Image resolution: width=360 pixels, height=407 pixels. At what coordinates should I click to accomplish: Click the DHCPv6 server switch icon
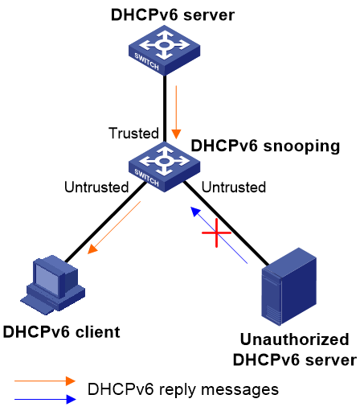164,50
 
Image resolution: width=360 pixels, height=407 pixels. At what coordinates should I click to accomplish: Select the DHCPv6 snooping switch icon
164,166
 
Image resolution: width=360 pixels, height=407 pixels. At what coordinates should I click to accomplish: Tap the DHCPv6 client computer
53,285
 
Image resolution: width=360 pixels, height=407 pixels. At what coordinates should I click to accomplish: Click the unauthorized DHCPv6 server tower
288,286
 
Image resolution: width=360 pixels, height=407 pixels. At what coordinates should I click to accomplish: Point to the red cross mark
216,232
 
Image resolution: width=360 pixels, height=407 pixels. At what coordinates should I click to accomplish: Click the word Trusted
133,133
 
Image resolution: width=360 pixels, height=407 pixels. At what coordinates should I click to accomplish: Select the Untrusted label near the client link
96,187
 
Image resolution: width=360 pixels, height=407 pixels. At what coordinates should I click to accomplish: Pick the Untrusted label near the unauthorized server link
234,187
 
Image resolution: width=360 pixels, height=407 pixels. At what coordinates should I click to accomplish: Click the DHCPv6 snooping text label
265,146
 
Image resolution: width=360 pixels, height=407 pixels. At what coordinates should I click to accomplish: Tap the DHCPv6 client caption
61,332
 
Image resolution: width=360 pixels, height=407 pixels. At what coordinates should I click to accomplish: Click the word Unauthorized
295,339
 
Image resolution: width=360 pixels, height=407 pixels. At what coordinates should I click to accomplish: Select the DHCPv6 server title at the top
173,14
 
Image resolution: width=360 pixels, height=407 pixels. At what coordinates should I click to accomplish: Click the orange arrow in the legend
45,380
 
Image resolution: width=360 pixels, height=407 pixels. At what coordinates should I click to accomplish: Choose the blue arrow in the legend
45,399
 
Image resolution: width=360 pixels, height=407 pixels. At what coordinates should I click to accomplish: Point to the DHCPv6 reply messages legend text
183,389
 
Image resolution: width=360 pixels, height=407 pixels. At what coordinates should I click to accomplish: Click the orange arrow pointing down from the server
176,113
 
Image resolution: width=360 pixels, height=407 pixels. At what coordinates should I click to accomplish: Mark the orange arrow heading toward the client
114,228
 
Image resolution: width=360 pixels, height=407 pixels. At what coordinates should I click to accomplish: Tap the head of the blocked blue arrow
195,212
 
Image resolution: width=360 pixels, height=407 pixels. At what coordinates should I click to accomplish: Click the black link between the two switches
165,109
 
